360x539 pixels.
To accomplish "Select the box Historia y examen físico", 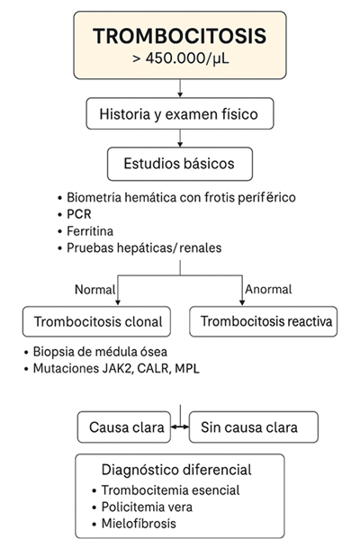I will click(x=180, y=114).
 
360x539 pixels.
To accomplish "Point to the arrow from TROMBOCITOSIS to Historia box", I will click(x=180, y=88).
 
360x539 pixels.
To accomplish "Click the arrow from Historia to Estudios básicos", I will click(x=180, y=139).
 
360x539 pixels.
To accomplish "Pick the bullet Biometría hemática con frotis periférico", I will click(x=180, y=197).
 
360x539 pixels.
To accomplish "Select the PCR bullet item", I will click(x=79, y=214).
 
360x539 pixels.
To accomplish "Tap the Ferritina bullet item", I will click(x=91, y=230).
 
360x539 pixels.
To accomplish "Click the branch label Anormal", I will click(x=268, y=289).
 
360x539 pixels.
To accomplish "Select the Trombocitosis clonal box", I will click(x=98, y=321).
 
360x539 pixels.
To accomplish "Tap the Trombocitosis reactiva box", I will click(x=263, y=321).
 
